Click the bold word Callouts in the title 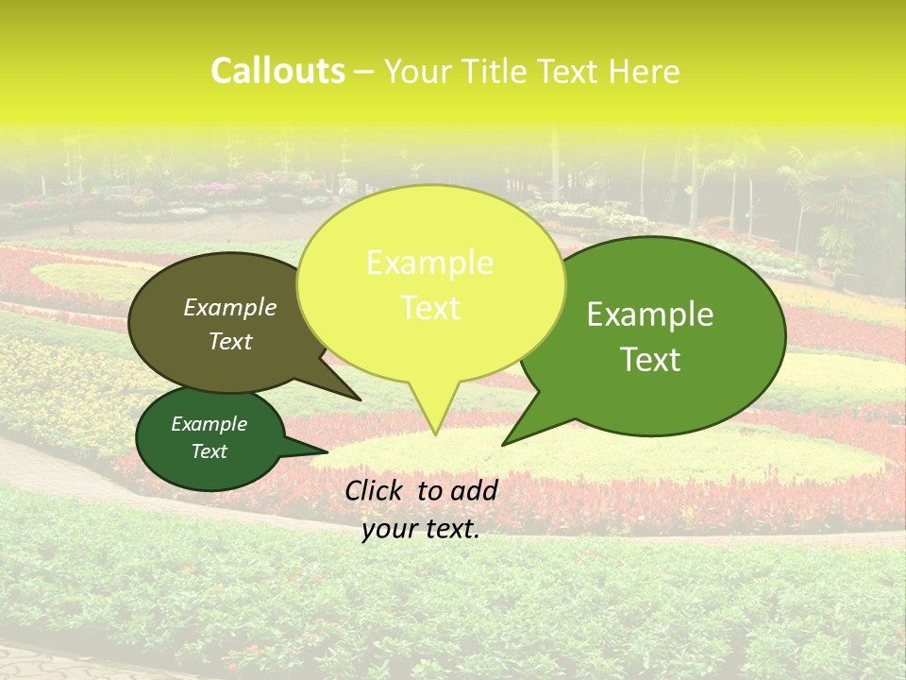tap(277, 71)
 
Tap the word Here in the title tap(644, 72)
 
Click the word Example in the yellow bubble tap(429, 263)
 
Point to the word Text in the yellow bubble tap(430, 308)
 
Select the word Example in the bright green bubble tap(650, 314)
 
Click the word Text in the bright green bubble tap(651, 359)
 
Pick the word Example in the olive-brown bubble tap(230, 307)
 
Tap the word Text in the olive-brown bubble tap(230, 341)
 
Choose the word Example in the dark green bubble tap(209, 424)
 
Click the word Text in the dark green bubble tap(210, 451)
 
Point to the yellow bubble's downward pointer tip tap(435, 433)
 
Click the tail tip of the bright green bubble tap(504, 444)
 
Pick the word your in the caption tap(389, 530)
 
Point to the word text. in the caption tap(451, 530)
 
